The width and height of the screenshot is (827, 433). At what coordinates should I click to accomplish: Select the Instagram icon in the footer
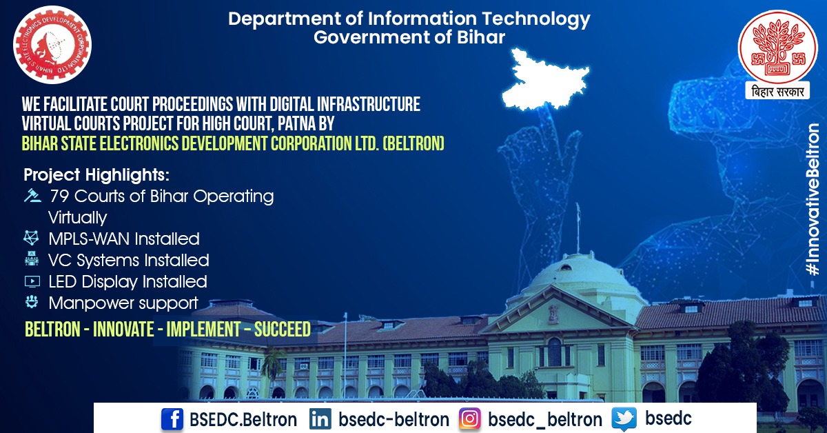471,419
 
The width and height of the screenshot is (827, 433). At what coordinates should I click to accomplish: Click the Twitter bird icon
624,419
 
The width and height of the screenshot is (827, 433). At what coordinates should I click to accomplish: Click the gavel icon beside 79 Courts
32,196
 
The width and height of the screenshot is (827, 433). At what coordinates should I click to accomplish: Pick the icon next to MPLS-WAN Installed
32,239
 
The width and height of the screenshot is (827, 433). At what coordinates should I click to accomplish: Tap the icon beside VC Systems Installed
32,260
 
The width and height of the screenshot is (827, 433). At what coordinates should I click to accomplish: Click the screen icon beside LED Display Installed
32,281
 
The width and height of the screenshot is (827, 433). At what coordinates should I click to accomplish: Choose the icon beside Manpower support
32,302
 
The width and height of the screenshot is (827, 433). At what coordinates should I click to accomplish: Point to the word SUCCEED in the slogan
282,330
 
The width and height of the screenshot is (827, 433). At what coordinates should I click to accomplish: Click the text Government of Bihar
409,37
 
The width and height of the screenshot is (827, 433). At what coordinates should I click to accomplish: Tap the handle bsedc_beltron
544,419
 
